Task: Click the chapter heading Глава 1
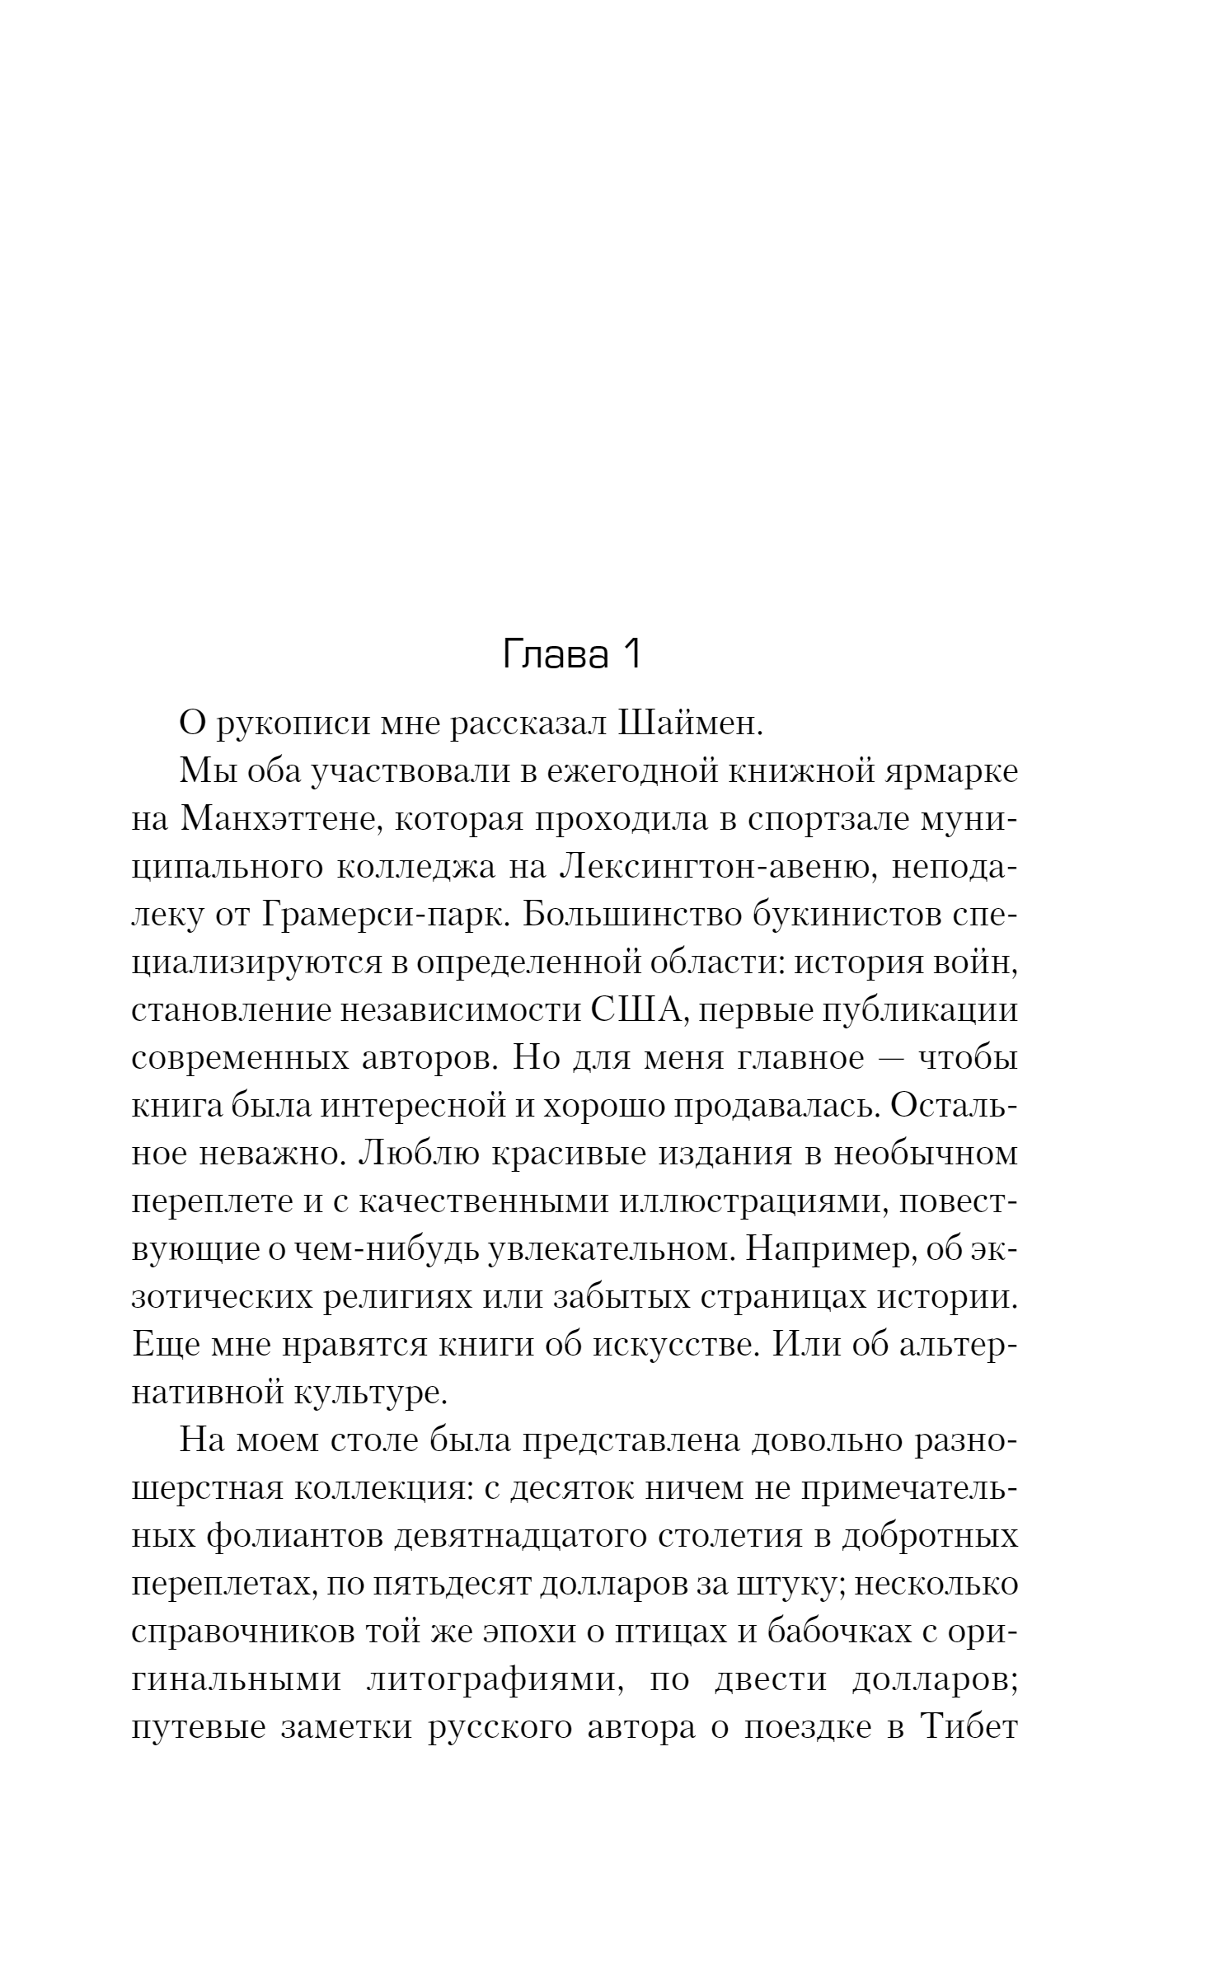[571, 654]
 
